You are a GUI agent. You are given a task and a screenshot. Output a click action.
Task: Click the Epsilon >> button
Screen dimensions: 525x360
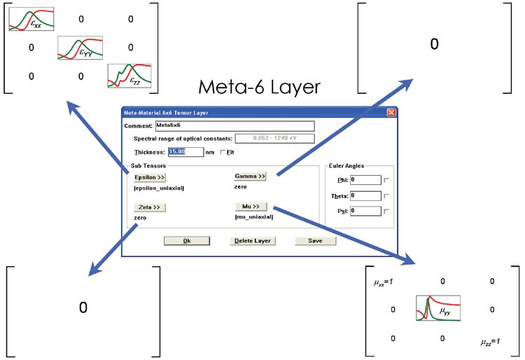(149, 177)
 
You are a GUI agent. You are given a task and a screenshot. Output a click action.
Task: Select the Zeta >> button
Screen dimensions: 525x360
(149, 207)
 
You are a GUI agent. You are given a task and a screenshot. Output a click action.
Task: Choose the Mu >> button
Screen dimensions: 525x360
(251, 207)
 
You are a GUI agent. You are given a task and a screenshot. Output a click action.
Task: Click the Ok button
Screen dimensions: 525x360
(187, 241)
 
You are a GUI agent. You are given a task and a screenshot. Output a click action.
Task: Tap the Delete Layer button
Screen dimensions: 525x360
(253, 241)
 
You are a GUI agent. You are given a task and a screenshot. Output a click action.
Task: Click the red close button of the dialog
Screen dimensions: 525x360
(391, 113)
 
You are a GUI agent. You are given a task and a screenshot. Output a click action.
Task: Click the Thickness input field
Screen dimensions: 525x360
(185, 152)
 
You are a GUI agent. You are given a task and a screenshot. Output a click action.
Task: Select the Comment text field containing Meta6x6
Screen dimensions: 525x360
(234, 125)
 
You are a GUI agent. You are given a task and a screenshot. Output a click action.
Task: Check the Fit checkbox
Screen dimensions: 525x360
(223, 152)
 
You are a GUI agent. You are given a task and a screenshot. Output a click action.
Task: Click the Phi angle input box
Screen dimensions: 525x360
(365, 180)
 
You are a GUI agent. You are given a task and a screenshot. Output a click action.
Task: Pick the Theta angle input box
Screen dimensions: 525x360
(365, 195)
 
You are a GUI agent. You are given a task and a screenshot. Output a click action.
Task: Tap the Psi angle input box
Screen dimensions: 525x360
(365, 211)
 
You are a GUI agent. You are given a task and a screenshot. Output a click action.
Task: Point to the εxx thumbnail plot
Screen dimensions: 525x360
(31, 19)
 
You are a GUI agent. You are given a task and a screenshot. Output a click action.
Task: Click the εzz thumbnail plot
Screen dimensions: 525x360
(129, 76)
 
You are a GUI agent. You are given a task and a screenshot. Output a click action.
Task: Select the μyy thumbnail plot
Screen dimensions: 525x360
(438, 308)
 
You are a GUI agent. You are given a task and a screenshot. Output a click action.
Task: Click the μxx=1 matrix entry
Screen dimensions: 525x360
(384, 282)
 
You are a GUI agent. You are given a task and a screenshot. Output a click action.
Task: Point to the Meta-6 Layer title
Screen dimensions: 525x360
(260, 87)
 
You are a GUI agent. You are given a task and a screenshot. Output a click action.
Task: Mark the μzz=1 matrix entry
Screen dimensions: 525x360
(491, 342)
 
